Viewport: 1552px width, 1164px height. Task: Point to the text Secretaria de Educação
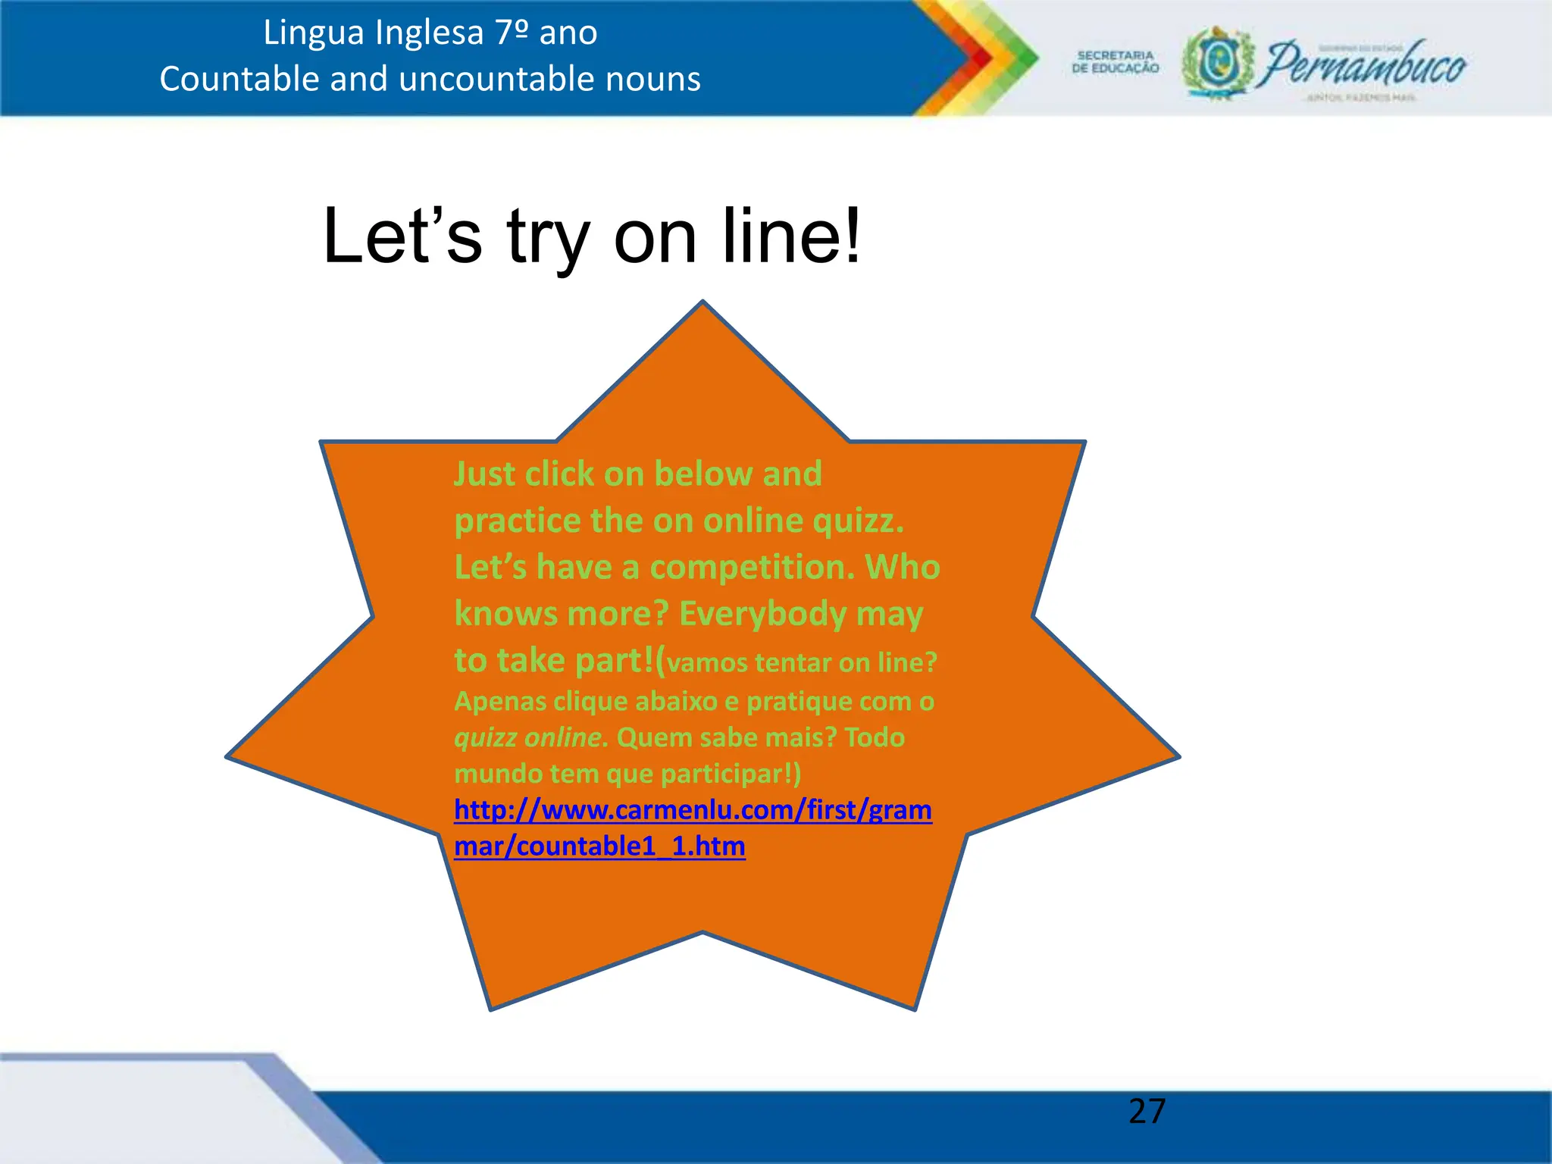1115,62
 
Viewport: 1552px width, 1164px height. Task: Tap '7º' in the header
512,33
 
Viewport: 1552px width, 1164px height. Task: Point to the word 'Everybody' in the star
762,614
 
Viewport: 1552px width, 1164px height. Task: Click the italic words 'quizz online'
528,737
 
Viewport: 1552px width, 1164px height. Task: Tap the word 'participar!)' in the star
731,774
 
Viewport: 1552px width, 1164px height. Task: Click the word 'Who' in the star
903,567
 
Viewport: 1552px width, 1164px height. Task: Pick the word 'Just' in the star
484,474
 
